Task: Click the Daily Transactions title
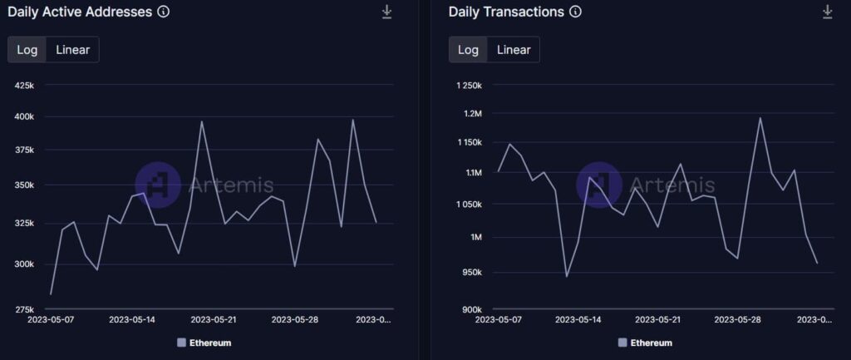pyautogui.click(x=505, y=12)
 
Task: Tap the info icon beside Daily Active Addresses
pyautogui.click(x=164, y=12)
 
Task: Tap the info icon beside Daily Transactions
pyautogui.click(x=576, y=12)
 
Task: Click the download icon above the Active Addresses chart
pyautogui.click(x=386, y=12)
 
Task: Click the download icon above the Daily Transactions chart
pyautogui.click(x=827, y=12)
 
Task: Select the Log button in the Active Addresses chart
pyautogui.click(x=27, y=49)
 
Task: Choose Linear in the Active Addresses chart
pyautogui.click(x=73, y=49)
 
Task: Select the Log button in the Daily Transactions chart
pyautogui.click(x=468, y=49)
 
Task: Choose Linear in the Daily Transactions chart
pyautogui.click(x=514, y=49)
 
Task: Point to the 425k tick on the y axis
pyautogui.click(x=24, y=85)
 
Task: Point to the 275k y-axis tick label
pyautogui.click(x=24, y=309)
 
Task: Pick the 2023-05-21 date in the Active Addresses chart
pyautogui.click(x=214, y=319)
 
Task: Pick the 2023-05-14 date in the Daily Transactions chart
pyautogui.click(x=578, y=319)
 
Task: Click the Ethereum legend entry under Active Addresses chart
pyautogui.click(x=204, y=343)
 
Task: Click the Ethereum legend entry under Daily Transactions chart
pyautogui.click(x=645, y=343)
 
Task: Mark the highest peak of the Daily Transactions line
pyautogui.click(x=760, y=117)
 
